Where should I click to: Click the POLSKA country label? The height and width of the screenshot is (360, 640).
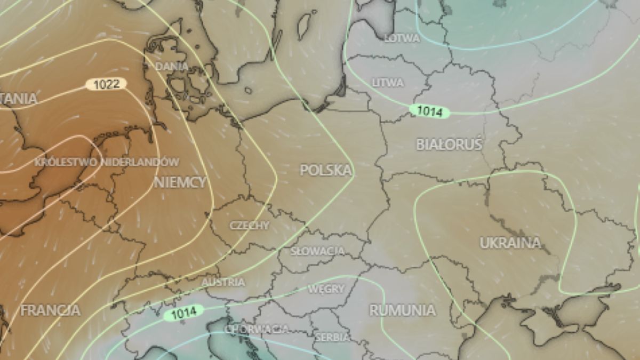[x=326, y=170]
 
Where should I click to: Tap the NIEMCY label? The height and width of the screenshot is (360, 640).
[x=180, y=182]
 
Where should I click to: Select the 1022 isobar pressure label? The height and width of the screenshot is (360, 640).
[x=106, y=84]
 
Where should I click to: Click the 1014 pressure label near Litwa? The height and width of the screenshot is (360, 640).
[x=429, y=111]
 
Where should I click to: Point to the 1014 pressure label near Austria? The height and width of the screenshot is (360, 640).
[x=183, y=312]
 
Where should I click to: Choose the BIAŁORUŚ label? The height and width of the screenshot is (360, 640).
[x=449, y=144]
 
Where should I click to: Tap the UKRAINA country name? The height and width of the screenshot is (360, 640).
[x=510, y=243]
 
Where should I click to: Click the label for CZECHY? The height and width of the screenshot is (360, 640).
[x=250, y=226]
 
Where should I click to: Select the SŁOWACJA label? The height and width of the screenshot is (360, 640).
[x=318, y=251]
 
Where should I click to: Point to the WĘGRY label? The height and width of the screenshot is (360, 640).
[x=326, y=289]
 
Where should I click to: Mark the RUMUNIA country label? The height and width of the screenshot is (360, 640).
[x=402, y=310]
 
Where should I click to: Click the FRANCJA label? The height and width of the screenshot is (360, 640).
[x=50, y=310]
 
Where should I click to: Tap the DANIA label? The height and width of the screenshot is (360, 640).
[x=172, y=67]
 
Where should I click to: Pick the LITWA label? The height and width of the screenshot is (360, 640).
[x=388, y=83]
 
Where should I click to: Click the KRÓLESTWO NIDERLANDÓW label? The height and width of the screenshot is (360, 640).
[x=107, y=162]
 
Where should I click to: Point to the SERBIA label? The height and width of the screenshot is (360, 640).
[x=332, y=337]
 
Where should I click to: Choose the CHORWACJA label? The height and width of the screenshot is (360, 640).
[x=257, y=329]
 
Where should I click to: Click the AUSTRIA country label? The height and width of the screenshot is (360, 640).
[x=223, y=282]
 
